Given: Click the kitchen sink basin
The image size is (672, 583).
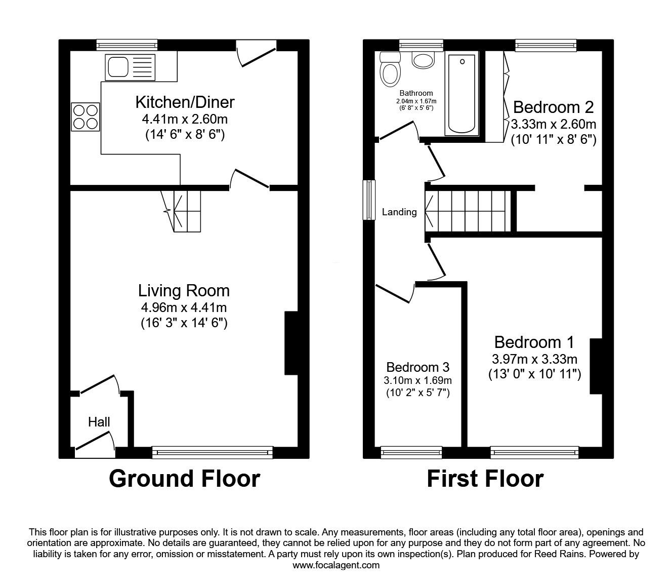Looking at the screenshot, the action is point(118,67).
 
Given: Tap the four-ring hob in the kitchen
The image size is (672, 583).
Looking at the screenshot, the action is point(86,117).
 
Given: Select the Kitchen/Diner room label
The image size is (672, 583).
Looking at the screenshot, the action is point(185,102).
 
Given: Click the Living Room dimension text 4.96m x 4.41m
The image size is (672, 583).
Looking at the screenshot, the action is point(184,307).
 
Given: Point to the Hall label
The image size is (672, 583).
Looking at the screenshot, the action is point(99,422).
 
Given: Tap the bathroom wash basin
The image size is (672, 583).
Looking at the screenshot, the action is point(423,60).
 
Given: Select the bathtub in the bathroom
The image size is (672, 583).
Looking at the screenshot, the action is point(461,94).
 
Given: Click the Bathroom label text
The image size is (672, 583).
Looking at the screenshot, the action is point(416,93).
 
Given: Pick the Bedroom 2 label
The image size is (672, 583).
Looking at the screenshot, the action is point(553,107).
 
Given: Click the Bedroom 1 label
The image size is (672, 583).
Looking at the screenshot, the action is point(534,342).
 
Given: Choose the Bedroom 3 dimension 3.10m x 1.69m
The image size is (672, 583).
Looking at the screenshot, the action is point(418,380).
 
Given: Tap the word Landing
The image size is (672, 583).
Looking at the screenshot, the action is point(399,212).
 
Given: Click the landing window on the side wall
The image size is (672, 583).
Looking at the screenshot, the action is point(369,200).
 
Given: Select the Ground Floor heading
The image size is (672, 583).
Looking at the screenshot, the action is point(184,479).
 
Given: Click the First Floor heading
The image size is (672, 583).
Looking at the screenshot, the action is point(485,479).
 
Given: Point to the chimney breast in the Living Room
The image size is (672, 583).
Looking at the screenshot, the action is point(291,343).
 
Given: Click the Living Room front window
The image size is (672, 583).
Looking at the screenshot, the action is point(213,452).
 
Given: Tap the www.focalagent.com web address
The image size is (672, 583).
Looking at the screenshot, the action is point(336,565).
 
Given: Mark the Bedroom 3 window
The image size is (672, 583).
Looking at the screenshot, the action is point(411,452).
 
